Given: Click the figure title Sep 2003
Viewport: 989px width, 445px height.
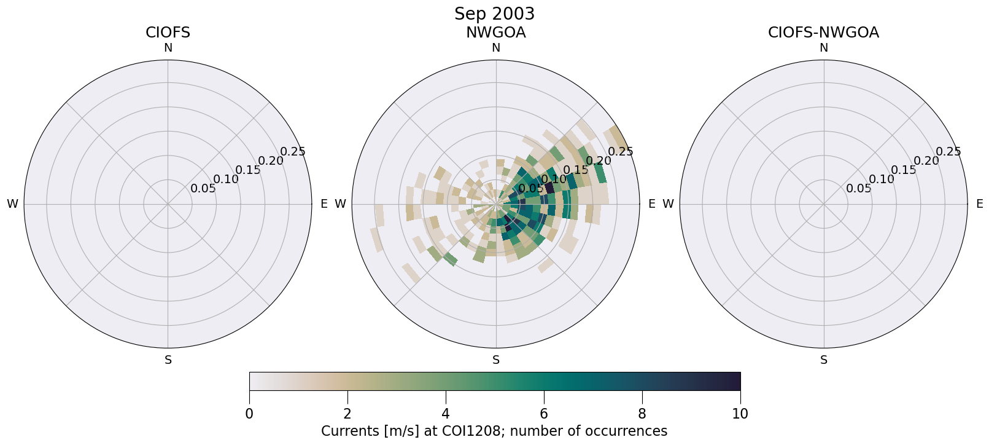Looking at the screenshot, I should point(494,14).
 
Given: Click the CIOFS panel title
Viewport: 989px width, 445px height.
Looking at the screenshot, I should point(168,33).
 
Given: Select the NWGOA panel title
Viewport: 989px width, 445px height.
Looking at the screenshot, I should point(495,33).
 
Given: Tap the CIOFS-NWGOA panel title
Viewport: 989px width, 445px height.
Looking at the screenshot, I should point(823,33).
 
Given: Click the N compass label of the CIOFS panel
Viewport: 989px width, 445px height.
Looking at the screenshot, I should point(168,48).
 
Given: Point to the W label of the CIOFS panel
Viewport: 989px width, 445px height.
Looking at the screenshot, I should point(12,204).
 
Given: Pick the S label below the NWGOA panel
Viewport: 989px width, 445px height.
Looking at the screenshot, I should point(496,360).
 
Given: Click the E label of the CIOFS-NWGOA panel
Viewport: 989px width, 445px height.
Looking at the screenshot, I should point(979,204).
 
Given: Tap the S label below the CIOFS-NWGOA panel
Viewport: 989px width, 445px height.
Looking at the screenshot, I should point(824,360).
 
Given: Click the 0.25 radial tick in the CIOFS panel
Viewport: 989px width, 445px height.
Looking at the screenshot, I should point(293,152).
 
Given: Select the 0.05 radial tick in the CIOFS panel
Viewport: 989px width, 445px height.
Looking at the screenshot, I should point(203,189).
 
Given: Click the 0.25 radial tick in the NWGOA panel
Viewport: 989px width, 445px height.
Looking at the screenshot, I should point(621,152).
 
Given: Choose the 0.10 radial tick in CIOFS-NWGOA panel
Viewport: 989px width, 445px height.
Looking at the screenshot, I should point(882,179).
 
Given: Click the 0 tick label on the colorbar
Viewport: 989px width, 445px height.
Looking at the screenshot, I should point(249,414).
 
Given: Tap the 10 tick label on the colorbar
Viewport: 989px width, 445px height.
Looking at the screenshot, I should point(740,414).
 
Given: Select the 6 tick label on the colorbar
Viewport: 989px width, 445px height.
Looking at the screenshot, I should point(544,414).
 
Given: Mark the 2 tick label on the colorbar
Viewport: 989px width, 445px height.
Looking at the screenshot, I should point(347,414).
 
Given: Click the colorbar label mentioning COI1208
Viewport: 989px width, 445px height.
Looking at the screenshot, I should point(494,431).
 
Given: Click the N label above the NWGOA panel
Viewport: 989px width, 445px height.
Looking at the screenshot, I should point(496,48).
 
